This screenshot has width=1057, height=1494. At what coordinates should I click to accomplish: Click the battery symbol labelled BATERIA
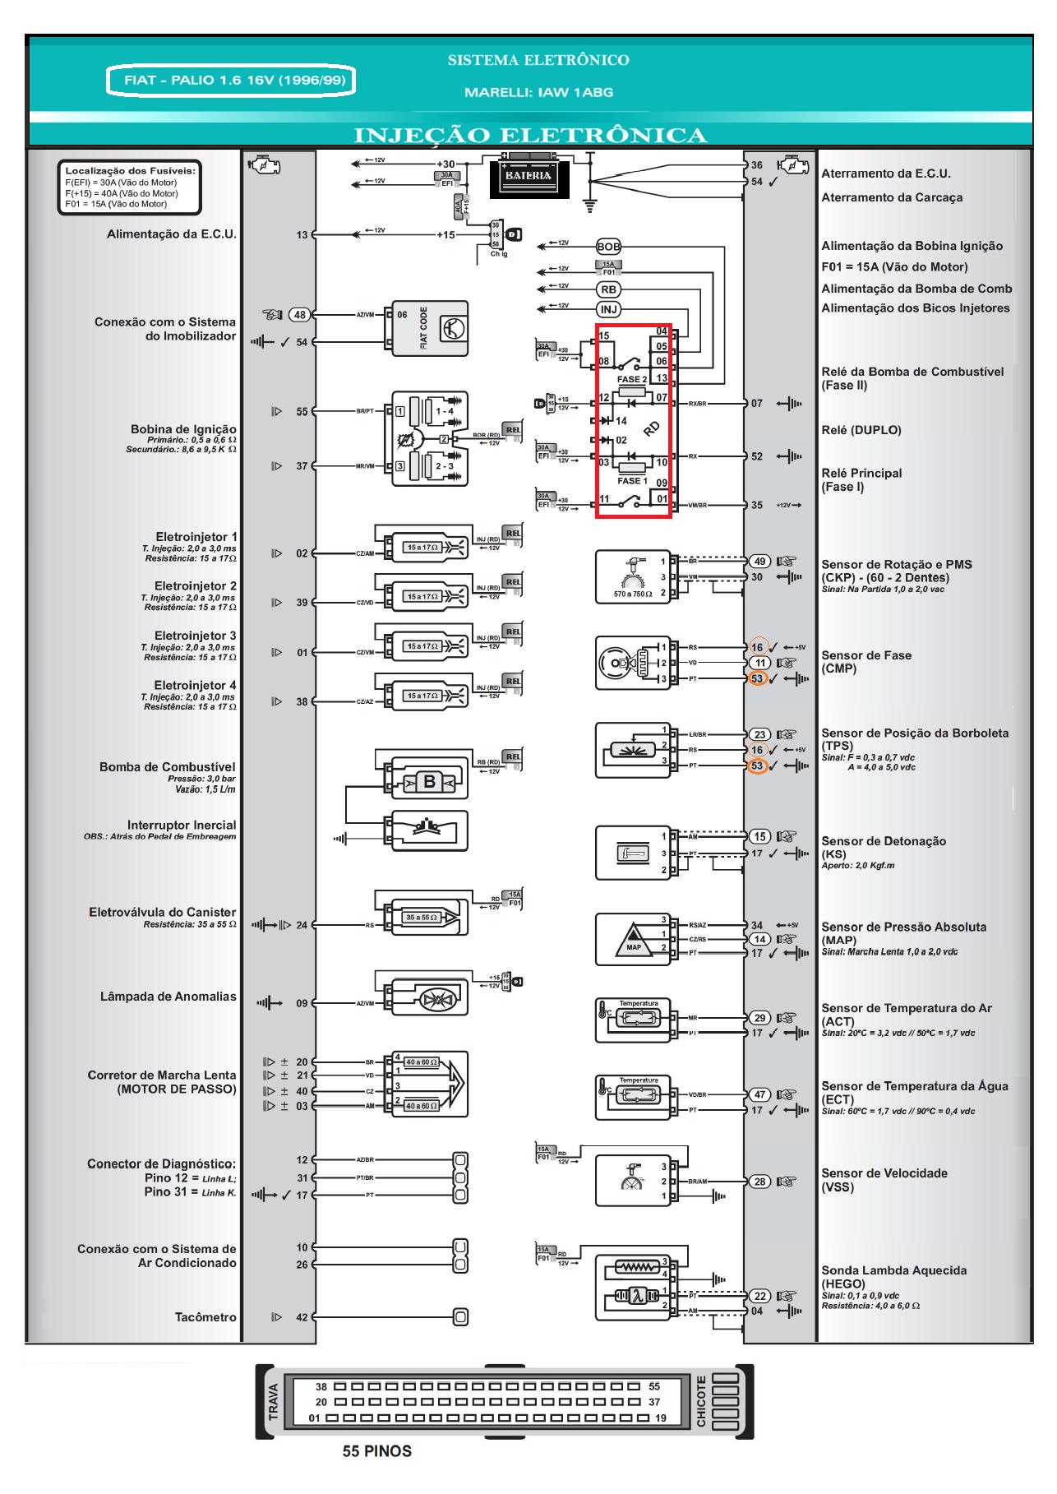coord(528,176)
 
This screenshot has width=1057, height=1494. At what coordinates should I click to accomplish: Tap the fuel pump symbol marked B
coord(429,781)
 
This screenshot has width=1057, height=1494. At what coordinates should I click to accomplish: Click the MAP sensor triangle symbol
coord(633,939)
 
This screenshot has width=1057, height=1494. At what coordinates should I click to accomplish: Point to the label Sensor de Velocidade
coord(884,1173)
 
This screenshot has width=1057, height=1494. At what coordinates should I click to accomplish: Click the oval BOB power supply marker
coord(608,247)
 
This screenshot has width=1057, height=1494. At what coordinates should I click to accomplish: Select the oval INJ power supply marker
coord(608,309)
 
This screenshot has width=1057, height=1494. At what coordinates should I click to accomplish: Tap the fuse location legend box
coord(129,187)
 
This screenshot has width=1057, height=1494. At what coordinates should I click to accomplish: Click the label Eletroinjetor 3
coord(195,636)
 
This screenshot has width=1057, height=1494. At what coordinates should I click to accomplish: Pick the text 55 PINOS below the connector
coord(376,1451)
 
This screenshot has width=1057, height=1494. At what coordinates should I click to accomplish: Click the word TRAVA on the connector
coord(274,1402)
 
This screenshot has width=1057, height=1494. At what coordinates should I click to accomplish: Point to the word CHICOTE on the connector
coord(701,1401)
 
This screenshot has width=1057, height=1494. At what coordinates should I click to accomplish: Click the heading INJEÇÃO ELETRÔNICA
coord(530,135)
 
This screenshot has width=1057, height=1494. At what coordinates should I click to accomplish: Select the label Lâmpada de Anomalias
coord(168,997)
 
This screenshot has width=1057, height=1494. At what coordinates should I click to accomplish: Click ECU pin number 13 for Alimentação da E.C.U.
coord(302,235)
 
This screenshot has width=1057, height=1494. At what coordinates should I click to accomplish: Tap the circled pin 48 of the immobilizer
coord(300,314)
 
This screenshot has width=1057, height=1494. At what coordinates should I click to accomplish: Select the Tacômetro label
coord(205,1317)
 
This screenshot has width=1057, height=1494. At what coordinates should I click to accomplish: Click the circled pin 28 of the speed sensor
coord(759,1182)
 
